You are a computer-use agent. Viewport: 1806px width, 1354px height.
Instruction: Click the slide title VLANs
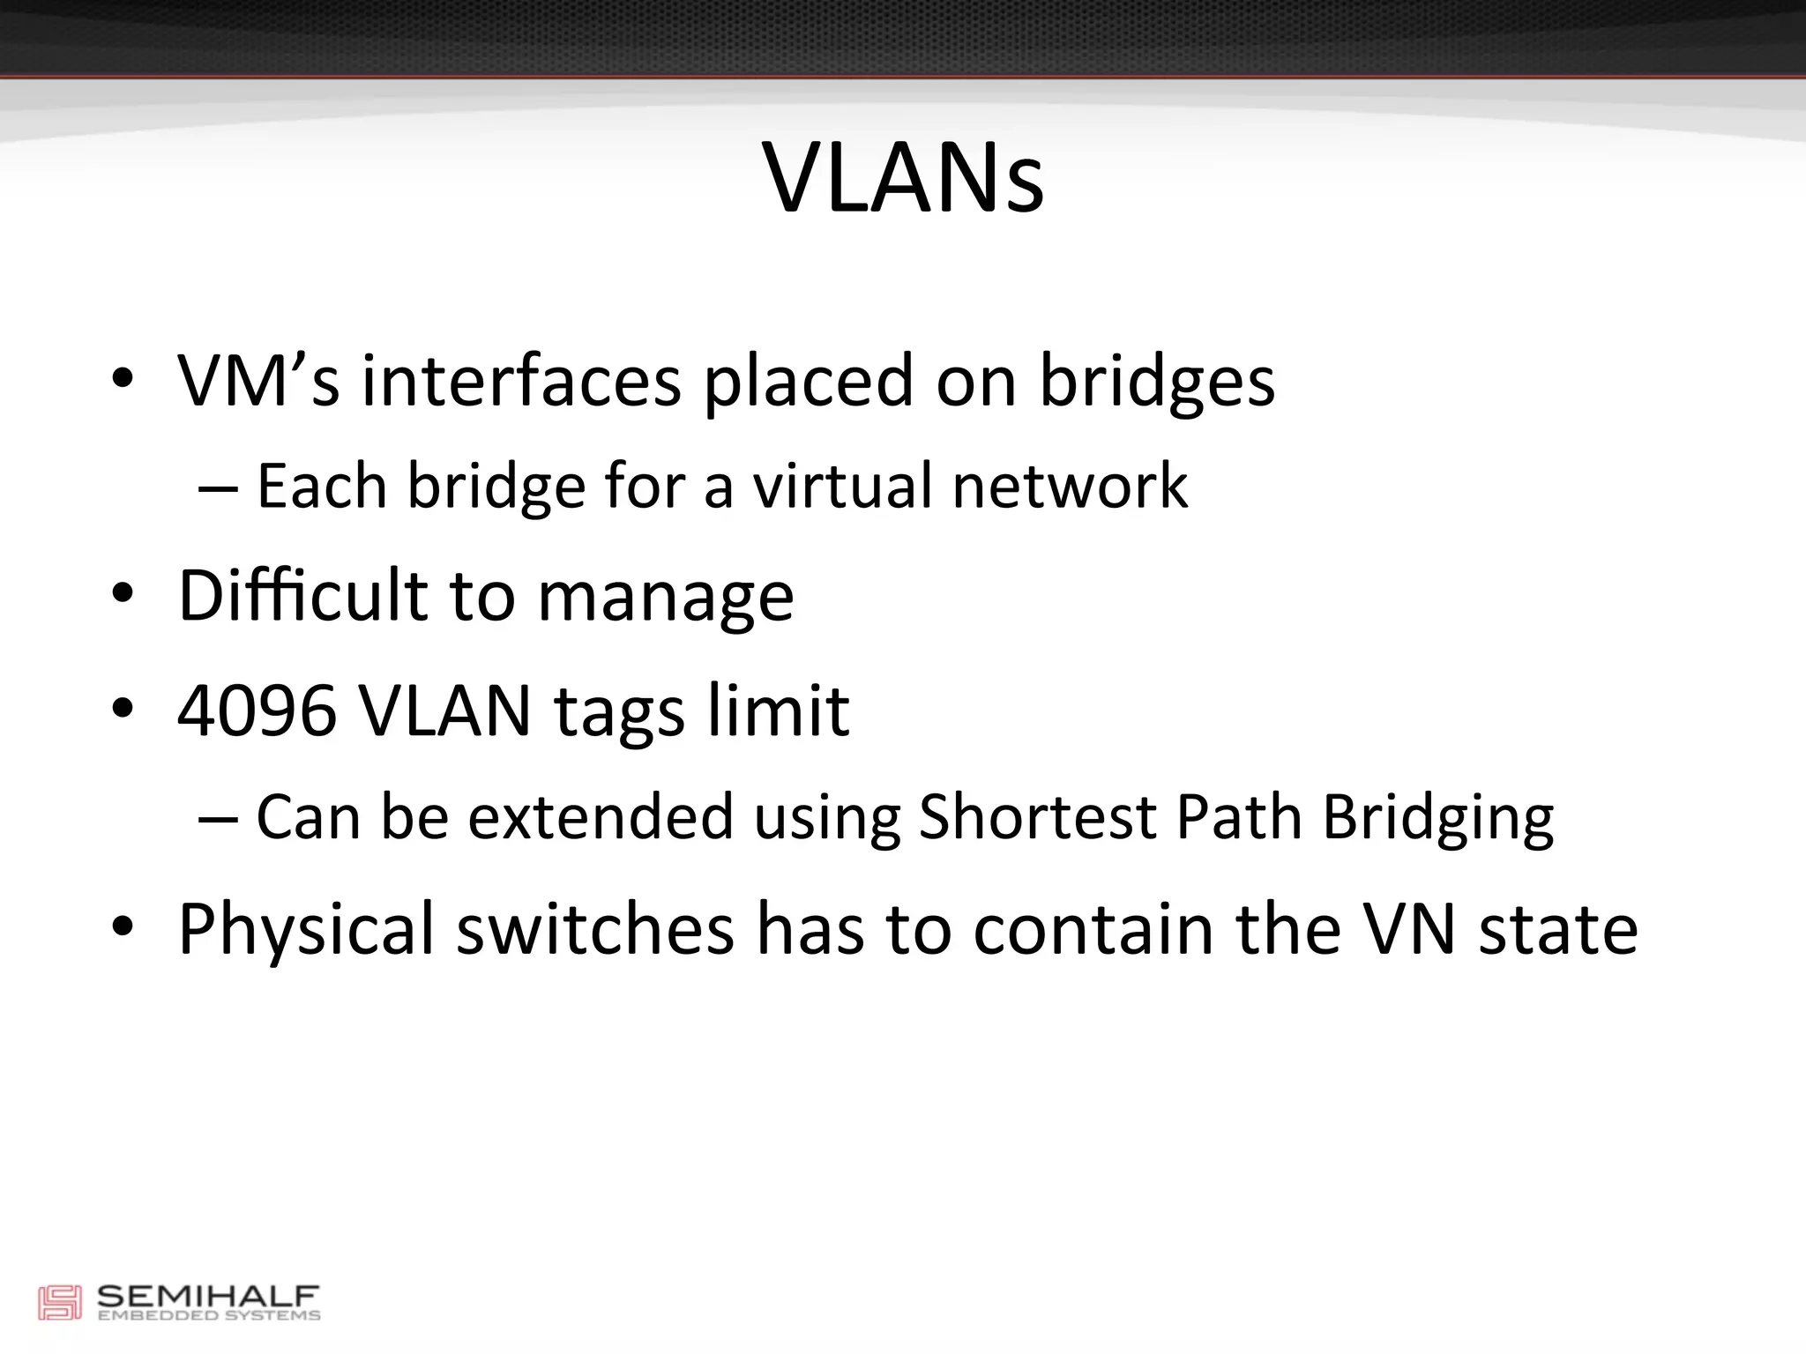tap(903, 178)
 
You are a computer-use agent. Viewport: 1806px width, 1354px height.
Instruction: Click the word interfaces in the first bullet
tap(521, 381)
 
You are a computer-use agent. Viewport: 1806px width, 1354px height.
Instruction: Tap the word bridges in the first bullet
tap(1156, 383)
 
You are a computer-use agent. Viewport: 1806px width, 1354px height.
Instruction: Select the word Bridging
tap(1437, 818)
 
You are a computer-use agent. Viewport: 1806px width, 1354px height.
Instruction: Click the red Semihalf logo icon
tap(59, 1303)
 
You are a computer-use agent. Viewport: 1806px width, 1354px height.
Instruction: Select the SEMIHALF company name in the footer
tap(207, 1297)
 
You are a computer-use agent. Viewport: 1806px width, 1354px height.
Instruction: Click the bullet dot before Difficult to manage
tap(123, 595)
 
